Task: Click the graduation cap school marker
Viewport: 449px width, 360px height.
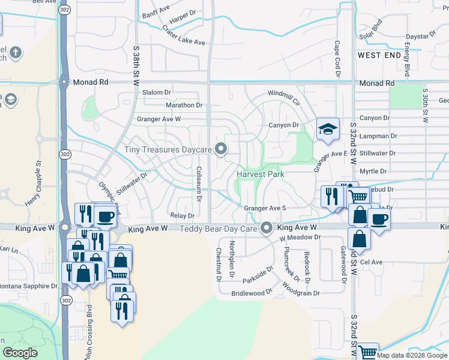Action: [328, 129]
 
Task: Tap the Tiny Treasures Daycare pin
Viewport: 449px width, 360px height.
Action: [221, 149]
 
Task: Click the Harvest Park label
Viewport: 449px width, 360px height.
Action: [260, 174]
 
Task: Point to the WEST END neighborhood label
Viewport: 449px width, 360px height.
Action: [379, 55]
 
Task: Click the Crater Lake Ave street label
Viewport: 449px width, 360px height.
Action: [182, 43]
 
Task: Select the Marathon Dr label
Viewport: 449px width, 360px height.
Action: [184, 105]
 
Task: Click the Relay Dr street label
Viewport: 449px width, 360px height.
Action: [182, 215]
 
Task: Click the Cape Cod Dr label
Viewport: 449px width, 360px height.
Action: [337, 59]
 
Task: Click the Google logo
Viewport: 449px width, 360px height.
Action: [19, 353]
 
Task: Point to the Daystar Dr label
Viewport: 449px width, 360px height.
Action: [420, 37]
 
